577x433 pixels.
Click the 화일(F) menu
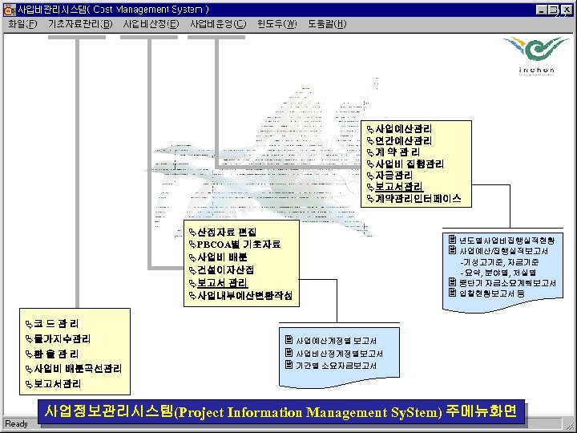click(x=22, y=23)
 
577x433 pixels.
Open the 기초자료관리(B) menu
click(x=80, y=23)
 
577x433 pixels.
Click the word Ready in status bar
click(x=16, y=423)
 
